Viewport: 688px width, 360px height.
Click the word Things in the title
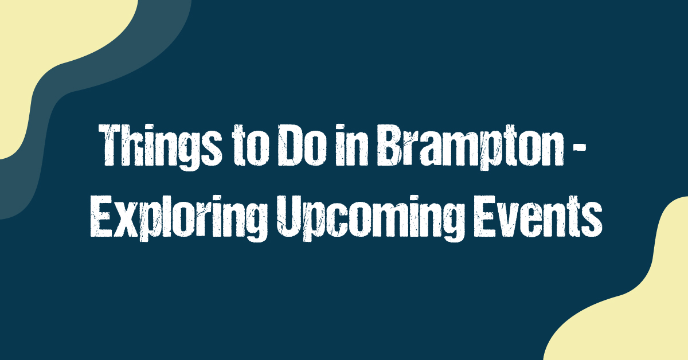coord(160,147)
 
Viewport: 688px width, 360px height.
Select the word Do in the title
coord(302,146)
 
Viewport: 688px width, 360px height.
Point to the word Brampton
coord(471,147)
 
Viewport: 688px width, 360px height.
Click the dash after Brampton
coord(580,146)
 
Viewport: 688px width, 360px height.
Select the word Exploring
coord(179,218)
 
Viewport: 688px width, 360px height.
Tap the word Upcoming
coord(371,218)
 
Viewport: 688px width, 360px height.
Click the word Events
coord(538,217)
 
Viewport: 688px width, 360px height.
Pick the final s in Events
coord(592,221)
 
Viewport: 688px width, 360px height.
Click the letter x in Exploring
coord(126,221)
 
